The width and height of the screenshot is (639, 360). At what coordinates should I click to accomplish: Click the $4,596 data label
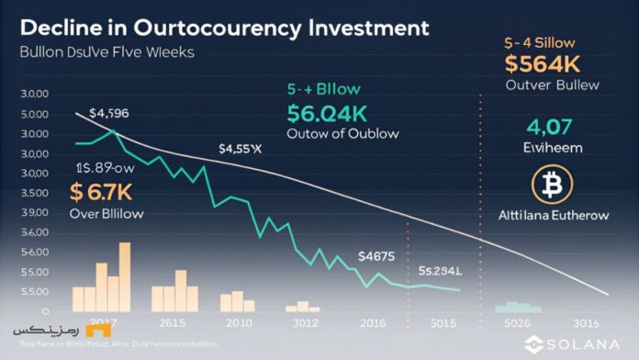[110, 114]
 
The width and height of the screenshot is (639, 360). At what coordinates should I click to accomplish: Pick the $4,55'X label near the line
[241, 148]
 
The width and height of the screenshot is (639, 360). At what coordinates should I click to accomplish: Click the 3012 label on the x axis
[305, 324]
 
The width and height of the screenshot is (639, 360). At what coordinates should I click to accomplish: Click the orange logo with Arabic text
[30, 329]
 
